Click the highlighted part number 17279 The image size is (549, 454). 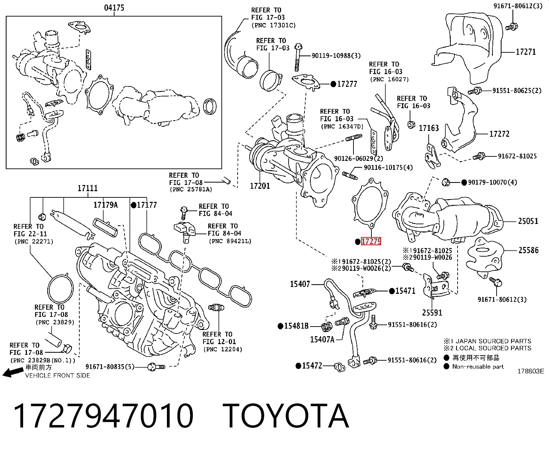tap(371, 241)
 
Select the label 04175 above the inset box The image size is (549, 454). tap(114, 8)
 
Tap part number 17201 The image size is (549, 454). tap(260, 186)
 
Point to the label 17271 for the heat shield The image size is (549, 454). tap(526, 52)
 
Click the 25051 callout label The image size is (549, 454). tap(528, 221)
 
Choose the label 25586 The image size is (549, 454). tap(529, 250)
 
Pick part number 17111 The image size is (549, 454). tap(88, 188)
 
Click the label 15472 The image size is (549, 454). tap(312, 365)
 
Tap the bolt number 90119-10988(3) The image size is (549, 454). tap(336, 56)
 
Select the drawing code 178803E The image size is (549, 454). tap(531, 371)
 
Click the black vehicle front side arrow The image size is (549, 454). tap(13, 372)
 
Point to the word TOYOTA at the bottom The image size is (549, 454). tap(286, 416)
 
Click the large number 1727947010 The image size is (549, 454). tap(103, 416)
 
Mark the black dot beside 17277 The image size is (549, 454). tap(333, 84)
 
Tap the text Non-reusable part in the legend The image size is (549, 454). tap(478, 367)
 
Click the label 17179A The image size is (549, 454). tap(106, 205)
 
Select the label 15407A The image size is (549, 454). tap(322, 339)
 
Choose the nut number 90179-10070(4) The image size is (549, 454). tap(492, 182)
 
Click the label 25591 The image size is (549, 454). tap(432, 313)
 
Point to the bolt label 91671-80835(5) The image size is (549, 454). tap(110, 367)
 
